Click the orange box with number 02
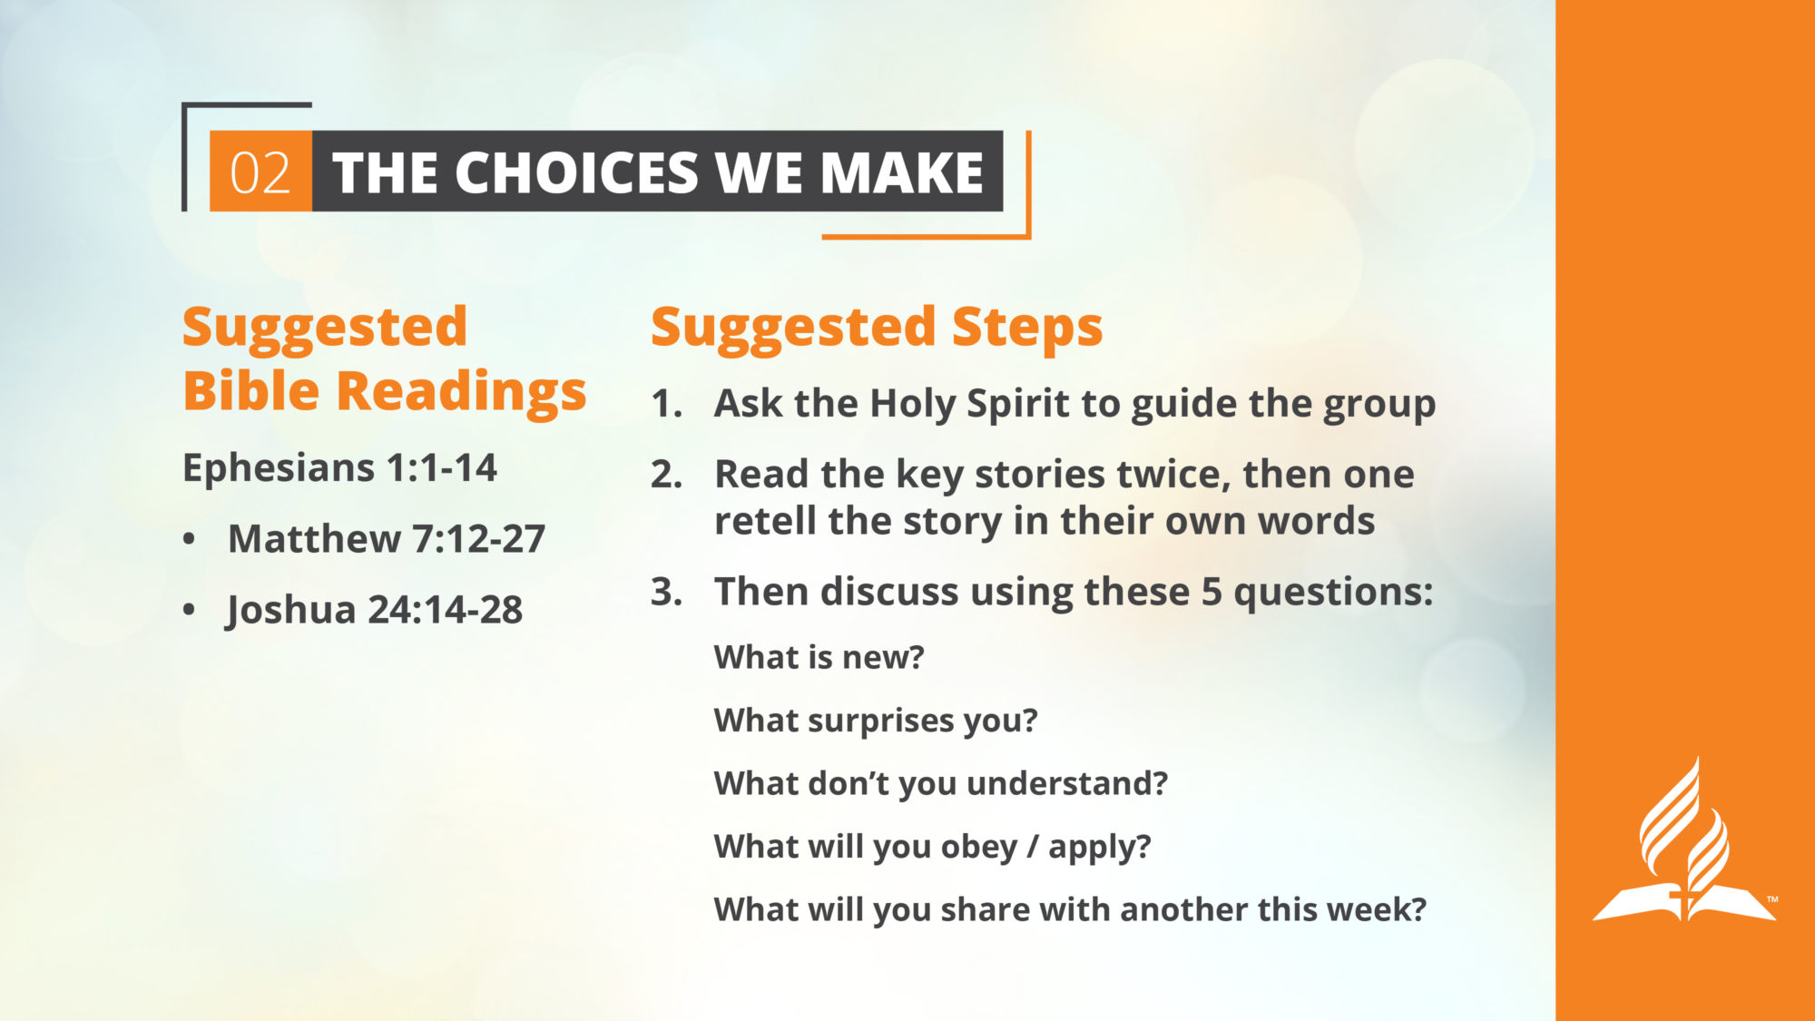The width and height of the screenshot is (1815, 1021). click(261, 172)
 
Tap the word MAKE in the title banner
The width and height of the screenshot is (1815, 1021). click(902, 172)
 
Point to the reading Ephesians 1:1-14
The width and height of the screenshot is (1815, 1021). click(339, 468)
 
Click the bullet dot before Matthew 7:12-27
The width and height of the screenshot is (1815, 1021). click(189, 539)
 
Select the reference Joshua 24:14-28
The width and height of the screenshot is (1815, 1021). click(375, 610)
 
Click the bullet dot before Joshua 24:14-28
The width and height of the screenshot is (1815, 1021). click(189, 610)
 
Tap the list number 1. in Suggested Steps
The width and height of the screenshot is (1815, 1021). click(667, 404)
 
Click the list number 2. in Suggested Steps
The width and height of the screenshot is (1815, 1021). click(667, 475)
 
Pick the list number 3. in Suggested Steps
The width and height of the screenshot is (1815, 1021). click(667, 592)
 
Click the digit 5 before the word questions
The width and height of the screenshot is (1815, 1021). click(1212, 592)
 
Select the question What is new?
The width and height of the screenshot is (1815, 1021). click(819, 657)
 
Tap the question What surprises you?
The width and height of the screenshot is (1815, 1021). click(876, 721)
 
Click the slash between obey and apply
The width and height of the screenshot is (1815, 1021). click(1033, 847)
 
